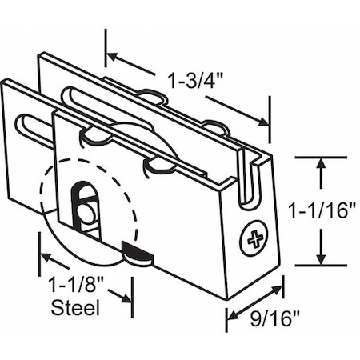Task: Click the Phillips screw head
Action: point(254,238)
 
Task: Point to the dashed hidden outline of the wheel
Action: point(44,184)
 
